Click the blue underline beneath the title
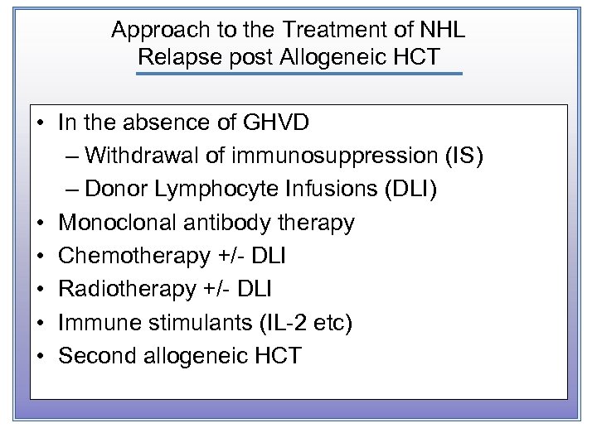(298, 74)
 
